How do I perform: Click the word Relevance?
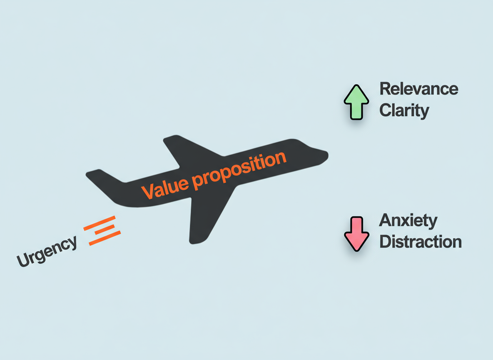tap(419, 89)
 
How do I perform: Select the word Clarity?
tap(404, 111)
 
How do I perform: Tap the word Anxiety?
tap(408, 221)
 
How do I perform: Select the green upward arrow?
tap(356, 102)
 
